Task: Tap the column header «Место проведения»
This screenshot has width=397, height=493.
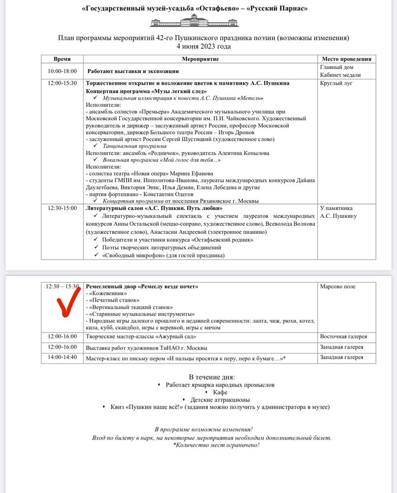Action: pos(346,59)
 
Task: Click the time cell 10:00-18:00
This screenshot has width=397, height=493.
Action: pos(62,71)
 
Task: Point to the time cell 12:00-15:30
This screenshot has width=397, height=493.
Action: pos(62,83)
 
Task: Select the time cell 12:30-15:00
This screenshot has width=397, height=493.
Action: pos(62,208)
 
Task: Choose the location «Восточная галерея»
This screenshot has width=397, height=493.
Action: pos(343,336)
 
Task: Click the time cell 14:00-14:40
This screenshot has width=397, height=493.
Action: pos(62,357)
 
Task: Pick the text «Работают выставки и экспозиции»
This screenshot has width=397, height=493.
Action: pos(133,71)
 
